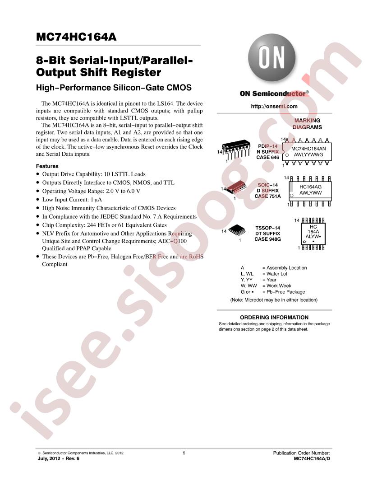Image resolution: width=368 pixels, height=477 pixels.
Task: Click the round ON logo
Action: click(271, 57)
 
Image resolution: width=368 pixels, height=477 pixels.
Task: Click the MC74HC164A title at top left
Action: click(76, 37)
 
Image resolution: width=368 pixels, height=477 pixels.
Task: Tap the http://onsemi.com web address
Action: click(274, 106)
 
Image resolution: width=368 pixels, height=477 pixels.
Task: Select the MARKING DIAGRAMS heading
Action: click(307, 124)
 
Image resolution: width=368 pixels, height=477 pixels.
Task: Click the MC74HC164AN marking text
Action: click(308, 149)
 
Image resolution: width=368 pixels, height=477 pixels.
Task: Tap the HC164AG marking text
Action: click(310, 187)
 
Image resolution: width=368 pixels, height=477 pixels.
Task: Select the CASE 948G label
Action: click(267, 239)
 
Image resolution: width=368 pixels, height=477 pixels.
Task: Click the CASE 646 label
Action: click(267, 157)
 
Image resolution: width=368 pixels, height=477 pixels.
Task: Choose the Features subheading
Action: click(47, 166)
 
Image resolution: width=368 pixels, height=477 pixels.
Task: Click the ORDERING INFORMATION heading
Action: click(274, 317)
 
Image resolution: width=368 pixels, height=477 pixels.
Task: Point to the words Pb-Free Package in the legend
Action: click(286, 292)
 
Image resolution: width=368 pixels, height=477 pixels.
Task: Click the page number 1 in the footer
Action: click(184, 453)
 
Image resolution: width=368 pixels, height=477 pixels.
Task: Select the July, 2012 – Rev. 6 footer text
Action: click(59, 458)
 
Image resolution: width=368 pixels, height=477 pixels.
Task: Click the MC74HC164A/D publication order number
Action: click(312, 458)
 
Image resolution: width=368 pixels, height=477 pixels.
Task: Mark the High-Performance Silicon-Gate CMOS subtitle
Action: click(114, 88)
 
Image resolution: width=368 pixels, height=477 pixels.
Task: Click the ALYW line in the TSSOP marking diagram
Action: click(313, 236)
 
